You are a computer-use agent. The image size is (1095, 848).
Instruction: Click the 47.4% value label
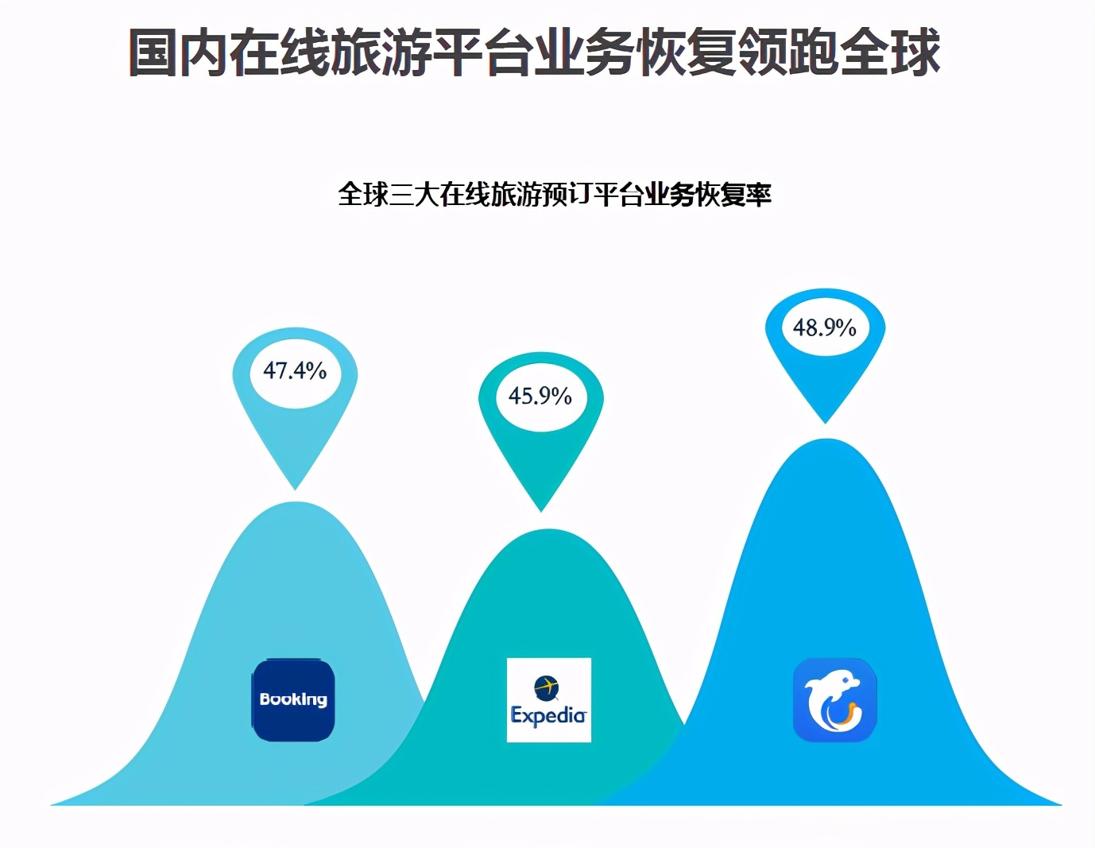[295, 371]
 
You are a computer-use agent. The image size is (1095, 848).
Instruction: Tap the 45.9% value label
[540, 396]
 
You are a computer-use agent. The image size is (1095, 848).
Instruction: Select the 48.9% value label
[824, 327]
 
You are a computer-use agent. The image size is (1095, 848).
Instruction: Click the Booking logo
[292, 699]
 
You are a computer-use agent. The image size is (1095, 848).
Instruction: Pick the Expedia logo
[549, 700]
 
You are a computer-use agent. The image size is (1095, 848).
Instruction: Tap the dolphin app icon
[835, 700]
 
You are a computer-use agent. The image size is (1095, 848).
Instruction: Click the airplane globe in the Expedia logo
[547, 687]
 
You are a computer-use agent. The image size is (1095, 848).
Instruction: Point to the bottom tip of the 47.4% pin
[296, 490]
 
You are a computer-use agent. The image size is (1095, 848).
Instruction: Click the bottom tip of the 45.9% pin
[540, 512]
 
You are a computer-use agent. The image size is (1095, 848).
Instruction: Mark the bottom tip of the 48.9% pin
[826, 424]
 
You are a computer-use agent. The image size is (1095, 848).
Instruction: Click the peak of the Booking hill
[296, 501]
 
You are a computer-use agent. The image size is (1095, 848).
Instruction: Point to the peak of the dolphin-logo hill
[826, 439]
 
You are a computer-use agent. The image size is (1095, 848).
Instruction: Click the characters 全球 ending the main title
[890, 52]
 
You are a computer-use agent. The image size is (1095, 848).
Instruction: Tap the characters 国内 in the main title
[179, 52]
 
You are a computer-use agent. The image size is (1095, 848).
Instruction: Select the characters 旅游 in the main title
[381, 52]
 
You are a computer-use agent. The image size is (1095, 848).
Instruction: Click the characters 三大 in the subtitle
[414, 194]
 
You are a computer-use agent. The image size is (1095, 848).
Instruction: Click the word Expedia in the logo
[548, 715]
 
